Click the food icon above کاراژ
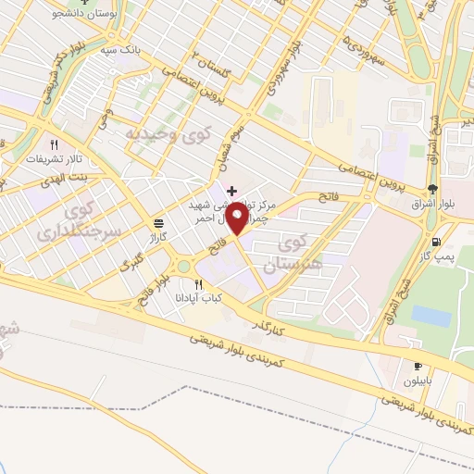(159, 223)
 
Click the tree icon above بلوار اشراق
(433, 188)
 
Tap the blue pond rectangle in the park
(431, 316)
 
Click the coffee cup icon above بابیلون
(418, 364)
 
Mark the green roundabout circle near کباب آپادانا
(184, 268)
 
